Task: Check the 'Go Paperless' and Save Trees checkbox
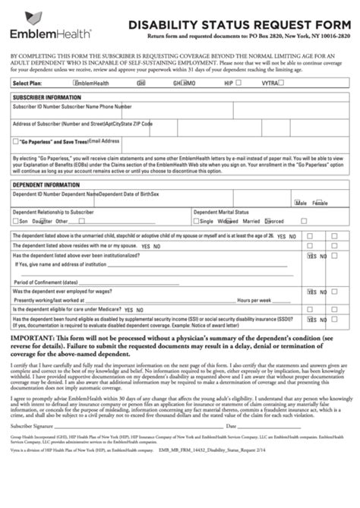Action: (16, 141)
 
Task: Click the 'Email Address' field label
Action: (104, 140)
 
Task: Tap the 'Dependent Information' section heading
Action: (44, 185)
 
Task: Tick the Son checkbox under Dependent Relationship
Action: (16, 222)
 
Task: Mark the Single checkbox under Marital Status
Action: (196, 222)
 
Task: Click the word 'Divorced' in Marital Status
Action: (274, 222)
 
